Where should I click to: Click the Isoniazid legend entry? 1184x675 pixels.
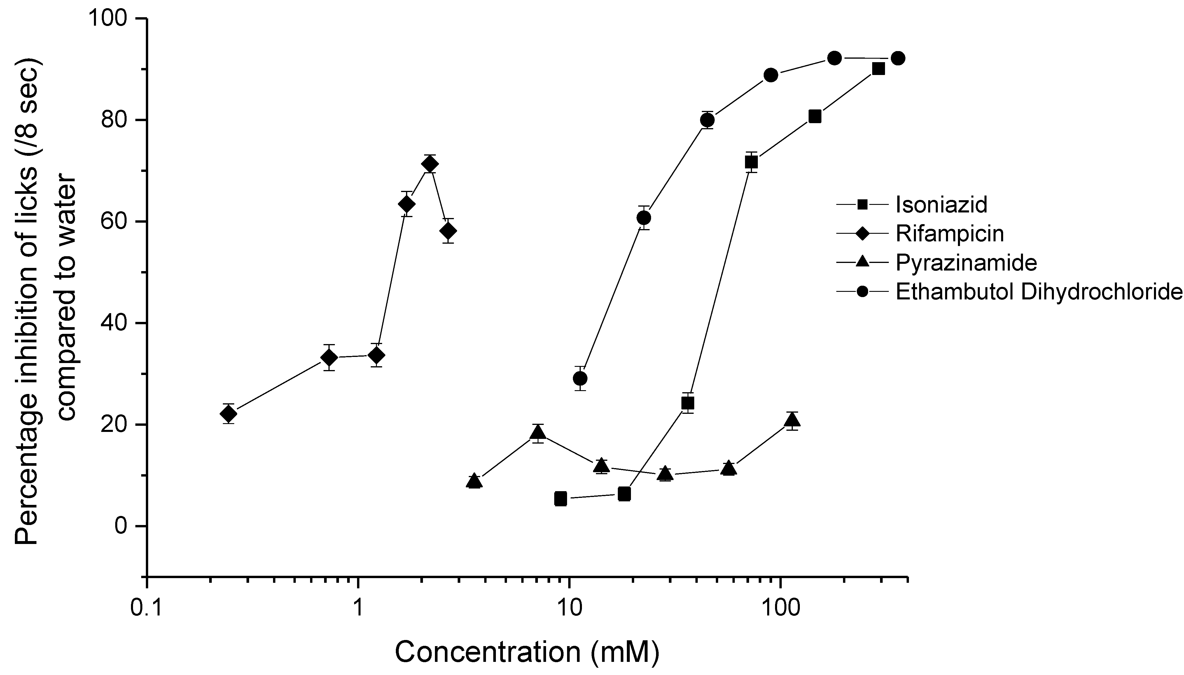pyautogui.click(x=941, y=205)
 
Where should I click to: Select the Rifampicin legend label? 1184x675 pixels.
pyautogui.click(x=949, y=234)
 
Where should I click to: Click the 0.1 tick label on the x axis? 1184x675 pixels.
pyautogui.click(x=146, y=609)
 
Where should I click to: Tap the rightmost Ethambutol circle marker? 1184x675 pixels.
pyautogui.click(x=898, y=58)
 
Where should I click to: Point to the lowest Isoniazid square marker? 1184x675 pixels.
pyautogui.click(x=561, y=499)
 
